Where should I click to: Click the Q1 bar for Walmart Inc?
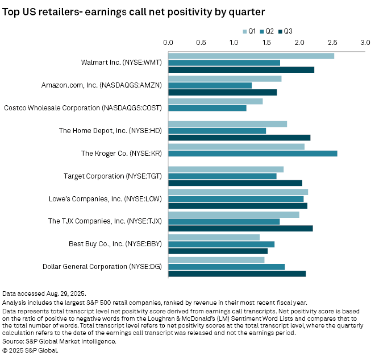pos(251,56)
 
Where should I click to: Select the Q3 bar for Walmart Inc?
pos(241,69)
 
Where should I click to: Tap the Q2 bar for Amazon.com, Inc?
pos(210,85)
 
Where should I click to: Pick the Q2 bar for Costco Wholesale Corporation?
pos(207,108)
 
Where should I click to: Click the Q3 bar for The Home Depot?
pos(239,137)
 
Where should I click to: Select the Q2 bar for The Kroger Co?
pos(253,154)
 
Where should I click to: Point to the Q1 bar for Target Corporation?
pos(226,169)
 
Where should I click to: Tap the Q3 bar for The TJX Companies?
pos(240,228)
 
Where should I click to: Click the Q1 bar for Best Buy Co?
pos(214,237)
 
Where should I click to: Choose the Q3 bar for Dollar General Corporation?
pos(237,274)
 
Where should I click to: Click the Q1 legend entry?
pos(249,31)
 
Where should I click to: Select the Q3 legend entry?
pos(285,31)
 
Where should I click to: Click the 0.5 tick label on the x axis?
pos(201,42)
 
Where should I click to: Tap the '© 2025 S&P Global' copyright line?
pos(30,350)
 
